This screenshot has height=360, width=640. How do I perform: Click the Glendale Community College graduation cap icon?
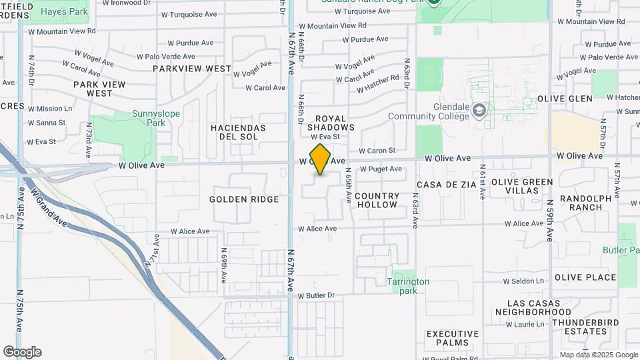tap(479, 110)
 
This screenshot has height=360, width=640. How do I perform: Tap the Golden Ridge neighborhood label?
tap(244, 199)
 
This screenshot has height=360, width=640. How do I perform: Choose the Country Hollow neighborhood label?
tap(377, 200)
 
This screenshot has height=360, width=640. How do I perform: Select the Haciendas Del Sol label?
tap(238, 132)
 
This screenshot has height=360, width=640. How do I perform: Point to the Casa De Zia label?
tap(447, 184)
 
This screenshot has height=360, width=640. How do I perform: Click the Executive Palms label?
tap(453, 338)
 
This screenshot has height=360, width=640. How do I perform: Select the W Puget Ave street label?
tap(381, 169)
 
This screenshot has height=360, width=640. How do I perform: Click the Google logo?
tap(22, 352)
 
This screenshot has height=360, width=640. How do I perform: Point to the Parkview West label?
tap(192, 69)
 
